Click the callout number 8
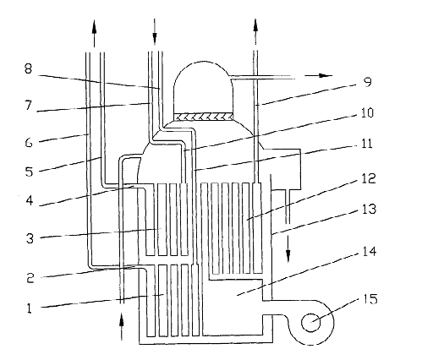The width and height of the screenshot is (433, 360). (x=28, y=68)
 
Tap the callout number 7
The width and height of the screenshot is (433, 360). (x=28, y=106)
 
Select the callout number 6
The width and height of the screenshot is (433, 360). (x=29, y=143)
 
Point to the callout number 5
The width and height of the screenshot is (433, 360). (x=29, y=172)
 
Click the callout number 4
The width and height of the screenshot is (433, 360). (x=30, y=200)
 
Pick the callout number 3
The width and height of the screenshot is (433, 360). (x=30, y=238)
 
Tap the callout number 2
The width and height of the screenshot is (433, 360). (x=30, y=278)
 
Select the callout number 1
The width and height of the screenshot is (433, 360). (x=30, y=308)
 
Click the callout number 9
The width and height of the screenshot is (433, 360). (x=368, y=82)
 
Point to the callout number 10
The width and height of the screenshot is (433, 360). (x=367, y=112)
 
